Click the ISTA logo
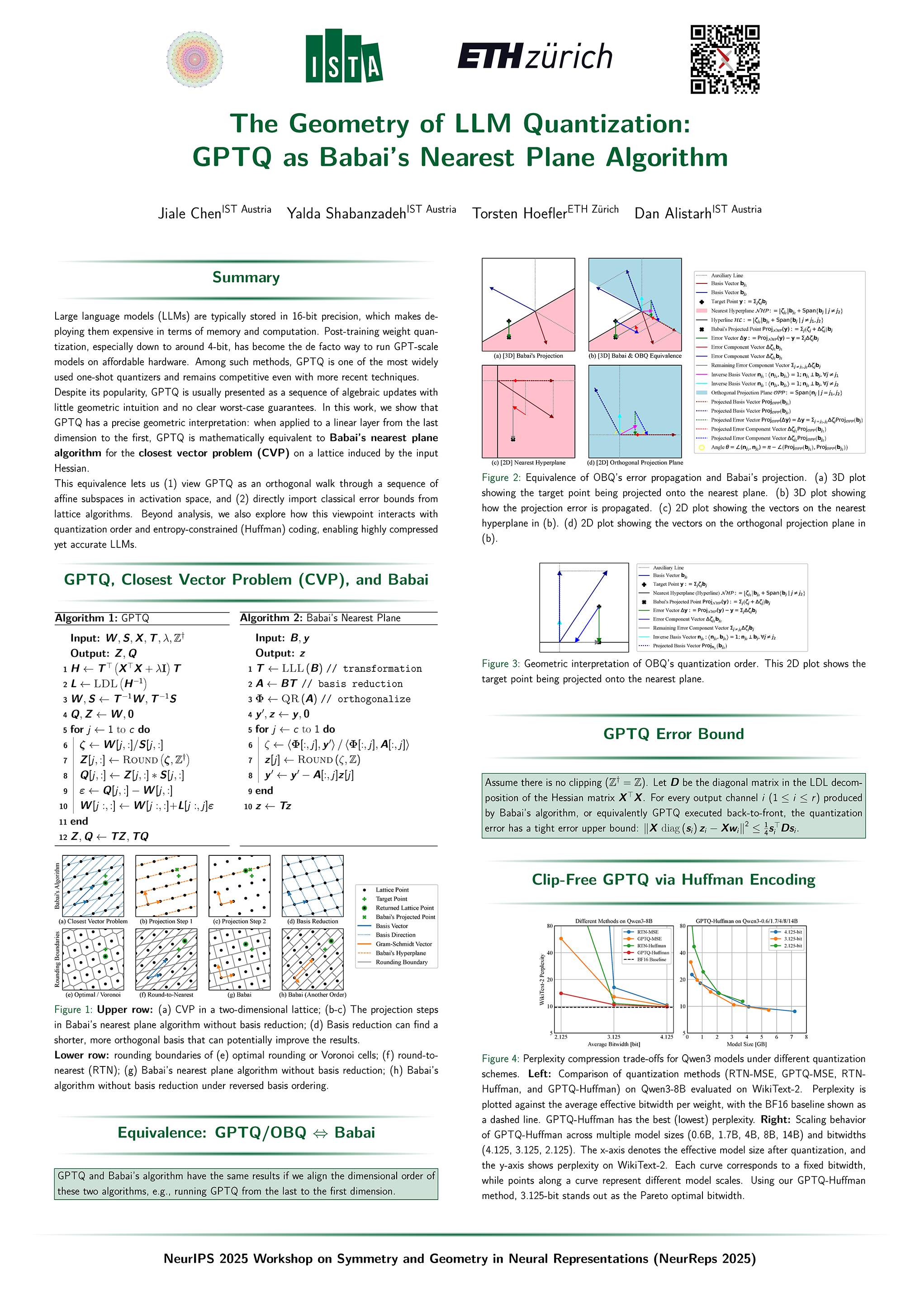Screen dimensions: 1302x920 click(344, 56)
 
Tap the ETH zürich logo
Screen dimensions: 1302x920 click(535, 56)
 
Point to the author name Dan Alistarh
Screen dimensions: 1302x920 click(672, 213)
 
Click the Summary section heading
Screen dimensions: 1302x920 click(246, 277)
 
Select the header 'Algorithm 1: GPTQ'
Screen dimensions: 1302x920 click(102, 618)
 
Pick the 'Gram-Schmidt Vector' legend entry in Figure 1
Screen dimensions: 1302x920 click(403, 944)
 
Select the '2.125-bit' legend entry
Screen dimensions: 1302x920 click(792, 946)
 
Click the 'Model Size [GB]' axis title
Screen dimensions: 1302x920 click(746, 1044)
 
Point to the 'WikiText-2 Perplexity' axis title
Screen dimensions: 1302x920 click(542, 979)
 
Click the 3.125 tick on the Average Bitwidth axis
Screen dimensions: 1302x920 click(614, 1037)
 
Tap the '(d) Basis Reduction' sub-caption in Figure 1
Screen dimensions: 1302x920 click(313, 921)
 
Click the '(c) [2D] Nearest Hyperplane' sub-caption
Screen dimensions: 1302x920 click(528, 463)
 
